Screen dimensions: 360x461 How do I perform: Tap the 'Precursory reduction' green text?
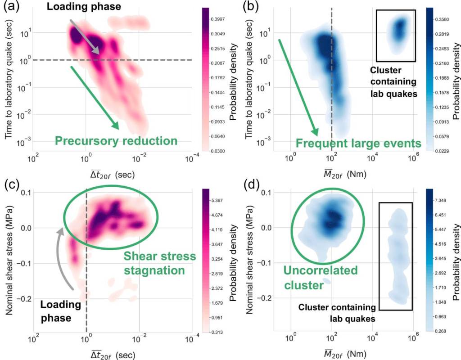[116, 141]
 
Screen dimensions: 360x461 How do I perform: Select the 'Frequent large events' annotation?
[358, 144]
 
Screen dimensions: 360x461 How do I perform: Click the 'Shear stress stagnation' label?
[160, 264]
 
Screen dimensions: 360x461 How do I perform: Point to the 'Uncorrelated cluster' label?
[320, 278]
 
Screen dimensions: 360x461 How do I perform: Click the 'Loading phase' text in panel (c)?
[60, 311]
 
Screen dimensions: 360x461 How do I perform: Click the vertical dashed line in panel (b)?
[332, 90]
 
